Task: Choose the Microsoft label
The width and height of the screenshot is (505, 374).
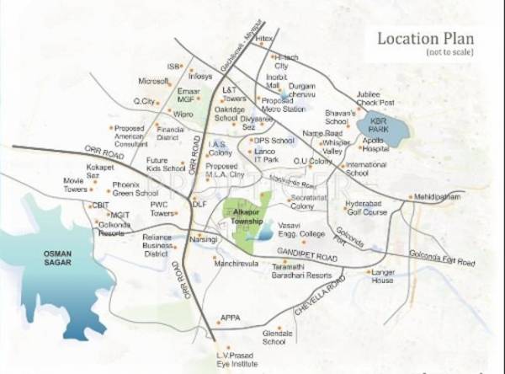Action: (x=154, y=82)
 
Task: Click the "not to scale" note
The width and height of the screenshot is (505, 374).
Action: (x=449, y=52)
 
